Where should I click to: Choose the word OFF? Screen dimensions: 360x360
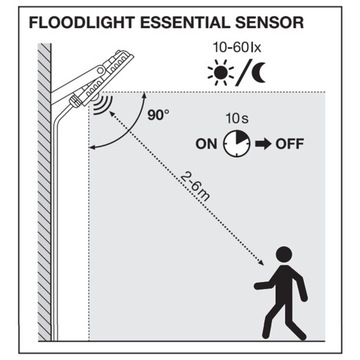(x=289, y=143)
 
